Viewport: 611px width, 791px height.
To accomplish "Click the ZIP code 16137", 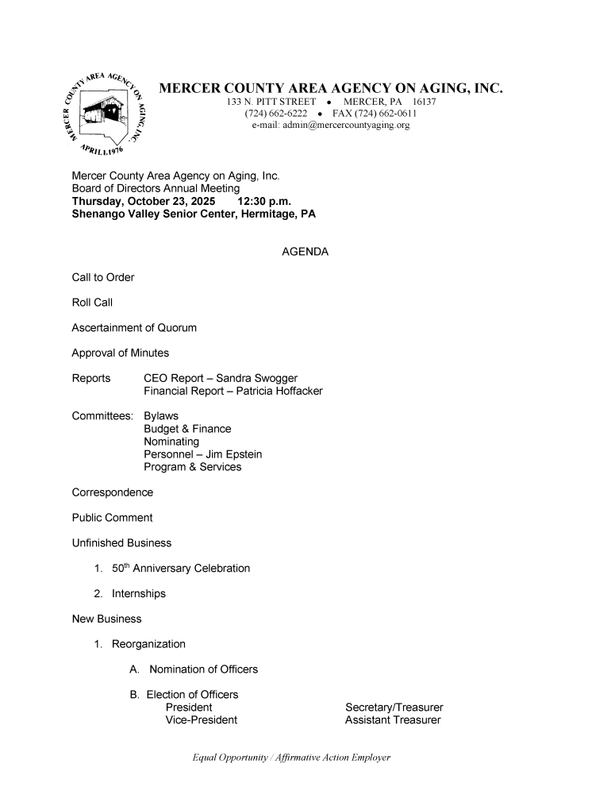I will click(x=430, y=102).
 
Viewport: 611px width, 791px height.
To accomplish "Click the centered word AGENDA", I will click(x=305, y=252).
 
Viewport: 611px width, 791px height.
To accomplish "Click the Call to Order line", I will click(x=103, y=277).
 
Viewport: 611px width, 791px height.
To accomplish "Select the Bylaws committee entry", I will click(x=161, y=416).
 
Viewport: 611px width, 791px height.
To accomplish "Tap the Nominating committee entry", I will click(x=171, y=442).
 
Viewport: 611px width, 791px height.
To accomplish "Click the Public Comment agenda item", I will click(x=112, y=518).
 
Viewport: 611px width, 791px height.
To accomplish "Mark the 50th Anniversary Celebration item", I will click(x=181, y=568).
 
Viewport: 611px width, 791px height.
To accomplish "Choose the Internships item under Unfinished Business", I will click(x=139, y=593).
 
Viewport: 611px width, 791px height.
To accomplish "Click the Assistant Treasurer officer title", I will click(x=393, y=720).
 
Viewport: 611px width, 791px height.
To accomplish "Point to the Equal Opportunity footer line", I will click(x=292, y=758).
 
